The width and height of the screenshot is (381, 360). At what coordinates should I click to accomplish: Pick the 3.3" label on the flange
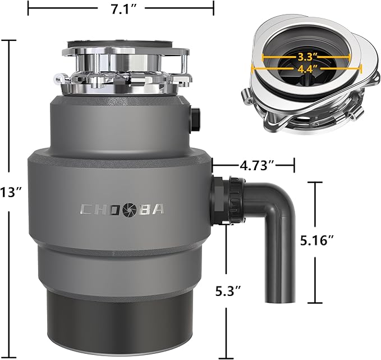(x=307, y=57)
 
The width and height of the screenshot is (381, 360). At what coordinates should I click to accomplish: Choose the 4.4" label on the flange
(x=307, y=69)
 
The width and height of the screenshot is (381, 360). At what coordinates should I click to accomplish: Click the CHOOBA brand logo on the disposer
(x=122, y=209)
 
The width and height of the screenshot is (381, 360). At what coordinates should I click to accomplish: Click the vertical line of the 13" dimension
(x=10, y=112)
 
